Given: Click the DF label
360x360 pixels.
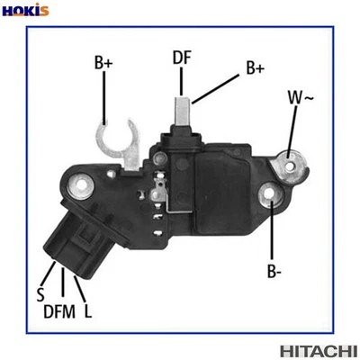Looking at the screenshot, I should tap(183, 58).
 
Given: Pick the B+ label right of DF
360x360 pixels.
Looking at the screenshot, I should tap(255, 67).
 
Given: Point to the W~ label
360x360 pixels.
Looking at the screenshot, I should tap(299, 96).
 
